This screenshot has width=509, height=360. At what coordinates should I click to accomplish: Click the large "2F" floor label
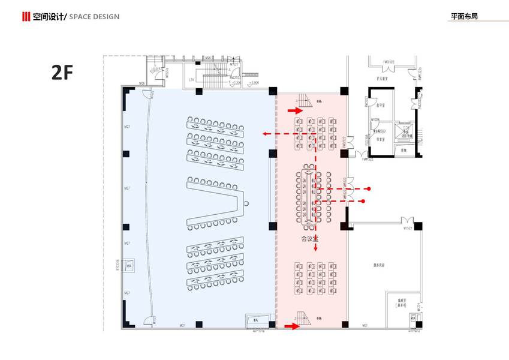tap(62, 73)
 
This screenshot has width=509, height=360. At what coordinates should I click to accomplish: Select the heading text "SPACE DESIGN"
tap(94, 16)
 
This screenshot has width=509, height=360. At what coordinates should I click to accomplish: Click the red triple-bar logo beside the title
tap(26, 16)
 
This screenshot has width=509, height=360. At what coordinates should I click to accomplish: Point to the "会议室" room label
tap(309, 238)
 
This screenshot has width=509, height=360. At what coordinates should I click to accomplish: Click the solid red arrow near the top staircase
tap(295, 110)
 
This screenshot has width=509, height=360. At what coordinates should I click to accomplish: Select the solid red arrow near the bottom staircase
tap(291, 326)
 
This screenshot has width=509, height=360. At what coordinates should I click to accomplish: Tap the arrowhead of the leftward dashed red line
tap(264, 134)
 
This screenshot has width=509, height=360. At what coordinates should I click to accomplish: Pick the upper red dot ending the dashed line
tap(369, 188)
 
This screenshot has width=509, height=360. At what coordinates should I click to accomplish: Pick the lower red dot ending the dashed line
tap(363, 202)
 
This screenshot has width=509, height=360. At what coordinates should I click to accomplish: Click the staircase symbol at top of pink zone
tap(306, 100)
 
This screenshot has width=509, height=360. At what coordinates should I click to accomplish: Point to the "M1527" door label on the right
tap(408, 228)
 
